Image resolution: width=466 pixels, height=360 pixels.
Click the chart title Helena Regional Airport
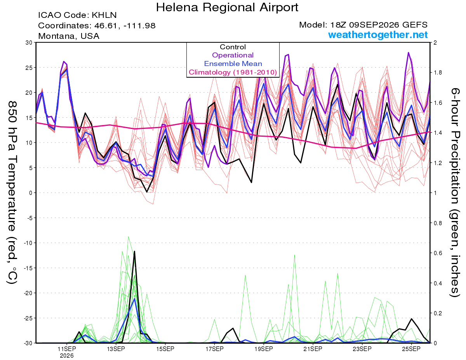click(x=227, y=7)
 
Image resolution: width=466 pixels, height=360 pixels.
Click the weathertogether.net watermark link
click(x=378, y=35)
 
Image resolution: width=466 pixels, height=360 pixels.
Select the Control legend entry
click(x=233, y=47)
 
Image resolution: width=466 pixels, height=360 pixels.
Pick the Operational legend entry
click(x=233, y=55)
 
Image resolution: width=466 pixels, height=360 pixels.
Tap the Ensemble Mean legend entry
click(x=233, y=64)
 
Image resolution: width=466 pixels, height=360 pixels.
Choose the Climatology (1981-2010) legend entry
click(x=233, y=72)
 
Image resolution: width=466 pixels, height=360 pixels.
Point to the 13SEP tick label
click(x=116, y=349)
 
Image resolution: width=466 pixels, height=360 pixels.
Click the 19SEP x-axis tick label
click(x=264, y=349)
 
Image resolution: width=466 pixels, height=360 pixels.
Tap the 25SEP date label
click(x=411, y=349)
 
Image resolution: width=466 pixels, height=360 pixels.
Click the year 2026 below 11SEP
click(x=67, y=356)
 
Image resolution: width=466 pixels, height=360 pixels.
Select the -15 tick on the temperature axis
click(x=28, y=268)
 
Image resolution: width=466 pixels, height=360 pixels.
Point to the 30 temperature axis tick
click(x=29, y=43)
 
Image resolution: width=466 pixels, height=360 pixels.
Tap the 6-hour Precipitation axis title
click(x=455, y=192)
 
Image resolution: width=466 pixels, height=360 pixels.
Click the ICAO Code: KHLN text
click(x=77, y=15)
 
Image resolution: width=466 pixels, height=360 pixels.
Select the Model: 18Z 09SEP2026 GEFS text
click(x=363, y=25)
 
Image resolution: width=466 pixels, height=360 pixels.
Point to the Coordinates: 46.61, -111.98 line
click(x=97, y=26)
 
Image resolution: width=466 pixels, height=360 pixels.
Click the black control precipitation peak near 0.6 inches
click(x=134, y=251)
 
